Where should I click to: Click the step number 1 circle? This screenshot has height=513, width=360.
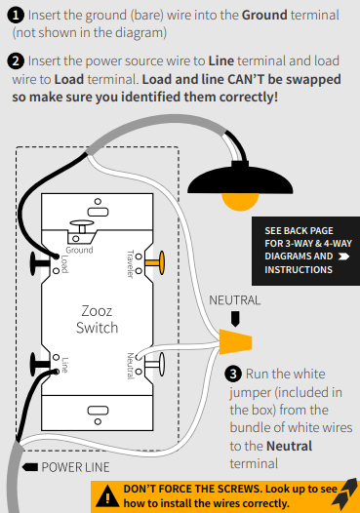click(16, 16)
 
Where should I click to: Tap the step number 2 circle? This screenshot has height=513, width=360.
click(16, 61)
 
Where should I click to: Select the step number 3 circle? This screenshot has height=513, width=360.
click(233, 374)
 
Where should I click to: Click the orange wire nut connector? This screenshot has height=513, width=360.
click(235, 342)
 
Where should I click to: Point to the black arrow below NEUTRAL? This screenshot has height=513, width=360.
click(235, 319)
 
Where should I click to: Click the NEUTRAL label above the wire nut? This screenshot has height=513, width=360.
click(235, 300)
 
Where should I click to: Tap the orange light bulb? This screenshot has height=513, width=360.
click(240, 202)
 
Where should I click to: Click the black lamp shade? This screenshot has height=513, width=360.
click(240, 179)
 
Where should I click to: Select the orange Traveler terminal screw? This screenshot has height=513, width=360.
click(155, 262)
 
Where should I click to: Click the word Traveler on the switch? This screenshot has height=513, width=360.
click(131, 264)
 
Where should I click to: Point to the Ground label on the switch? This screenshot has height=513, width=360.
click(80, 250)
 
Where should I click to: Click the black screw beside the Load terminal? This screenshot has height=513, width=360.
click(39, 263)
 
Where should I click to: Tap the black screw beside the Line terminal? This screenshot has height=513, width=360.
click(39, 364)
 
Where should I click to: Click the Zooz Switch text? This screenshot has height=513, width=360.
click(97, 319)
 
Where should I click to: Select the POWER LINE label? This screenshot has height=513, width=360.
click(75, 467)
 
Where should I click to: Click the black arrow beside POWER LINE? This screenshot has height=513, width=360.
click(30, 467)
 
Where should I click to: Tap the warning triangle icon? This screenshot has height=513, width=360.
click(107, 495)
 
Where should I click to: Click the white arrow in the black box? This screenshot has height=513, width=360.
click(343, 256)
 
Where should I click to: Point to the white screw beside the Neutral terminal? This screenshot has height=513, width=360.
click(155, 364)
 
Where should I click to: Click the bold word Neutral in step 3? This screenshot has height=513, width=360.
click(290, 446)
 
